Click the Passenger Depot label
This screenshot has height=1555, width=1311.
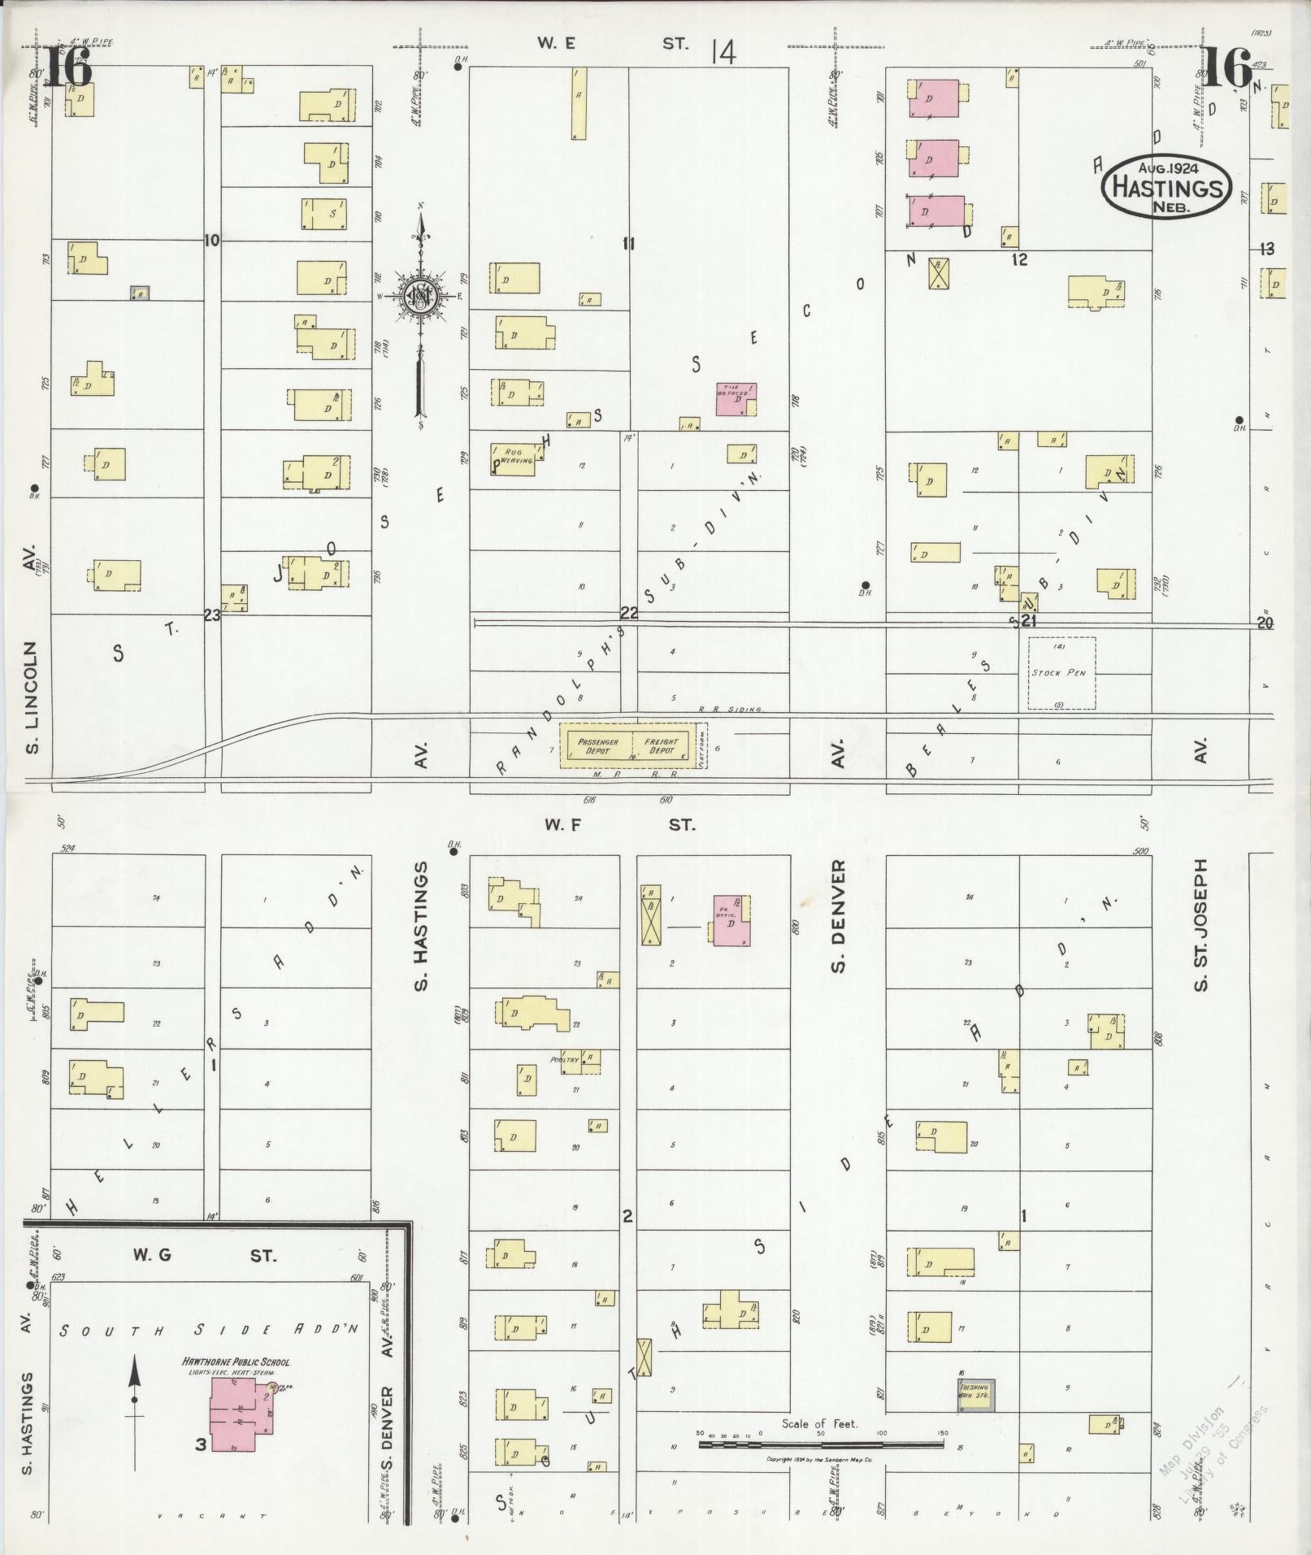click(598, 746)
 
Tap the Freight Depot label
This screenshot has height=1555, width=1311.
click(661, 746)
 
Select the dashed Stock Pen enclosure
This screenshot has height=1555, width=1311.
click(1061, 673)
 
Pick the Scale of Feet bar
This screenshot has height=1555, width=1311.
click(821, 1444)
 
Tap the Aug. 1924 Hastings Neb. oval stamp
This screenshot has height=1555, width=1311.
click(1166, 189)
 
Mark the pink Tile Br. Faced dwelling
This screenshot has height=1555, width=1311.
click(735, 399)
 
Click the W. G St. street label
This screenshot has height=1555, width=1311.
click(208, 1279)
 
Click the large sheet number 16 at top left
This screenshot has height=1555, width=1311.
click(68, 70)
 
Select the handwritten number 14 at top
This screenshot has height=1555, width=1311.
click(722, 54)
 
